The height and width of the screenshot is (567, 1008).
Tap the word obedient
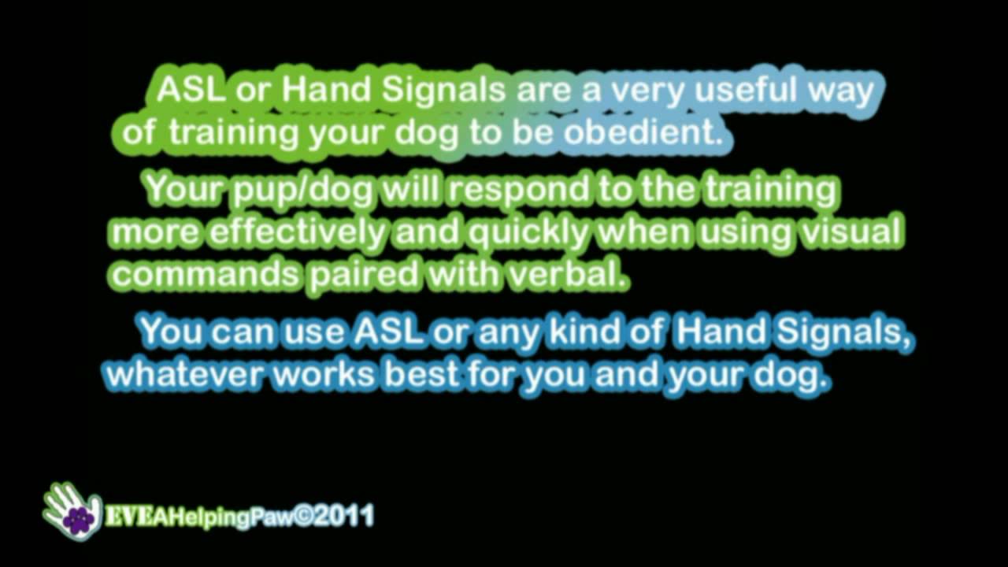click(x=643, y=132)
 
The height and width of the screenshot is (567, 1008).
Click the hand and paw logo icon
click(x=72, y=511)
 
